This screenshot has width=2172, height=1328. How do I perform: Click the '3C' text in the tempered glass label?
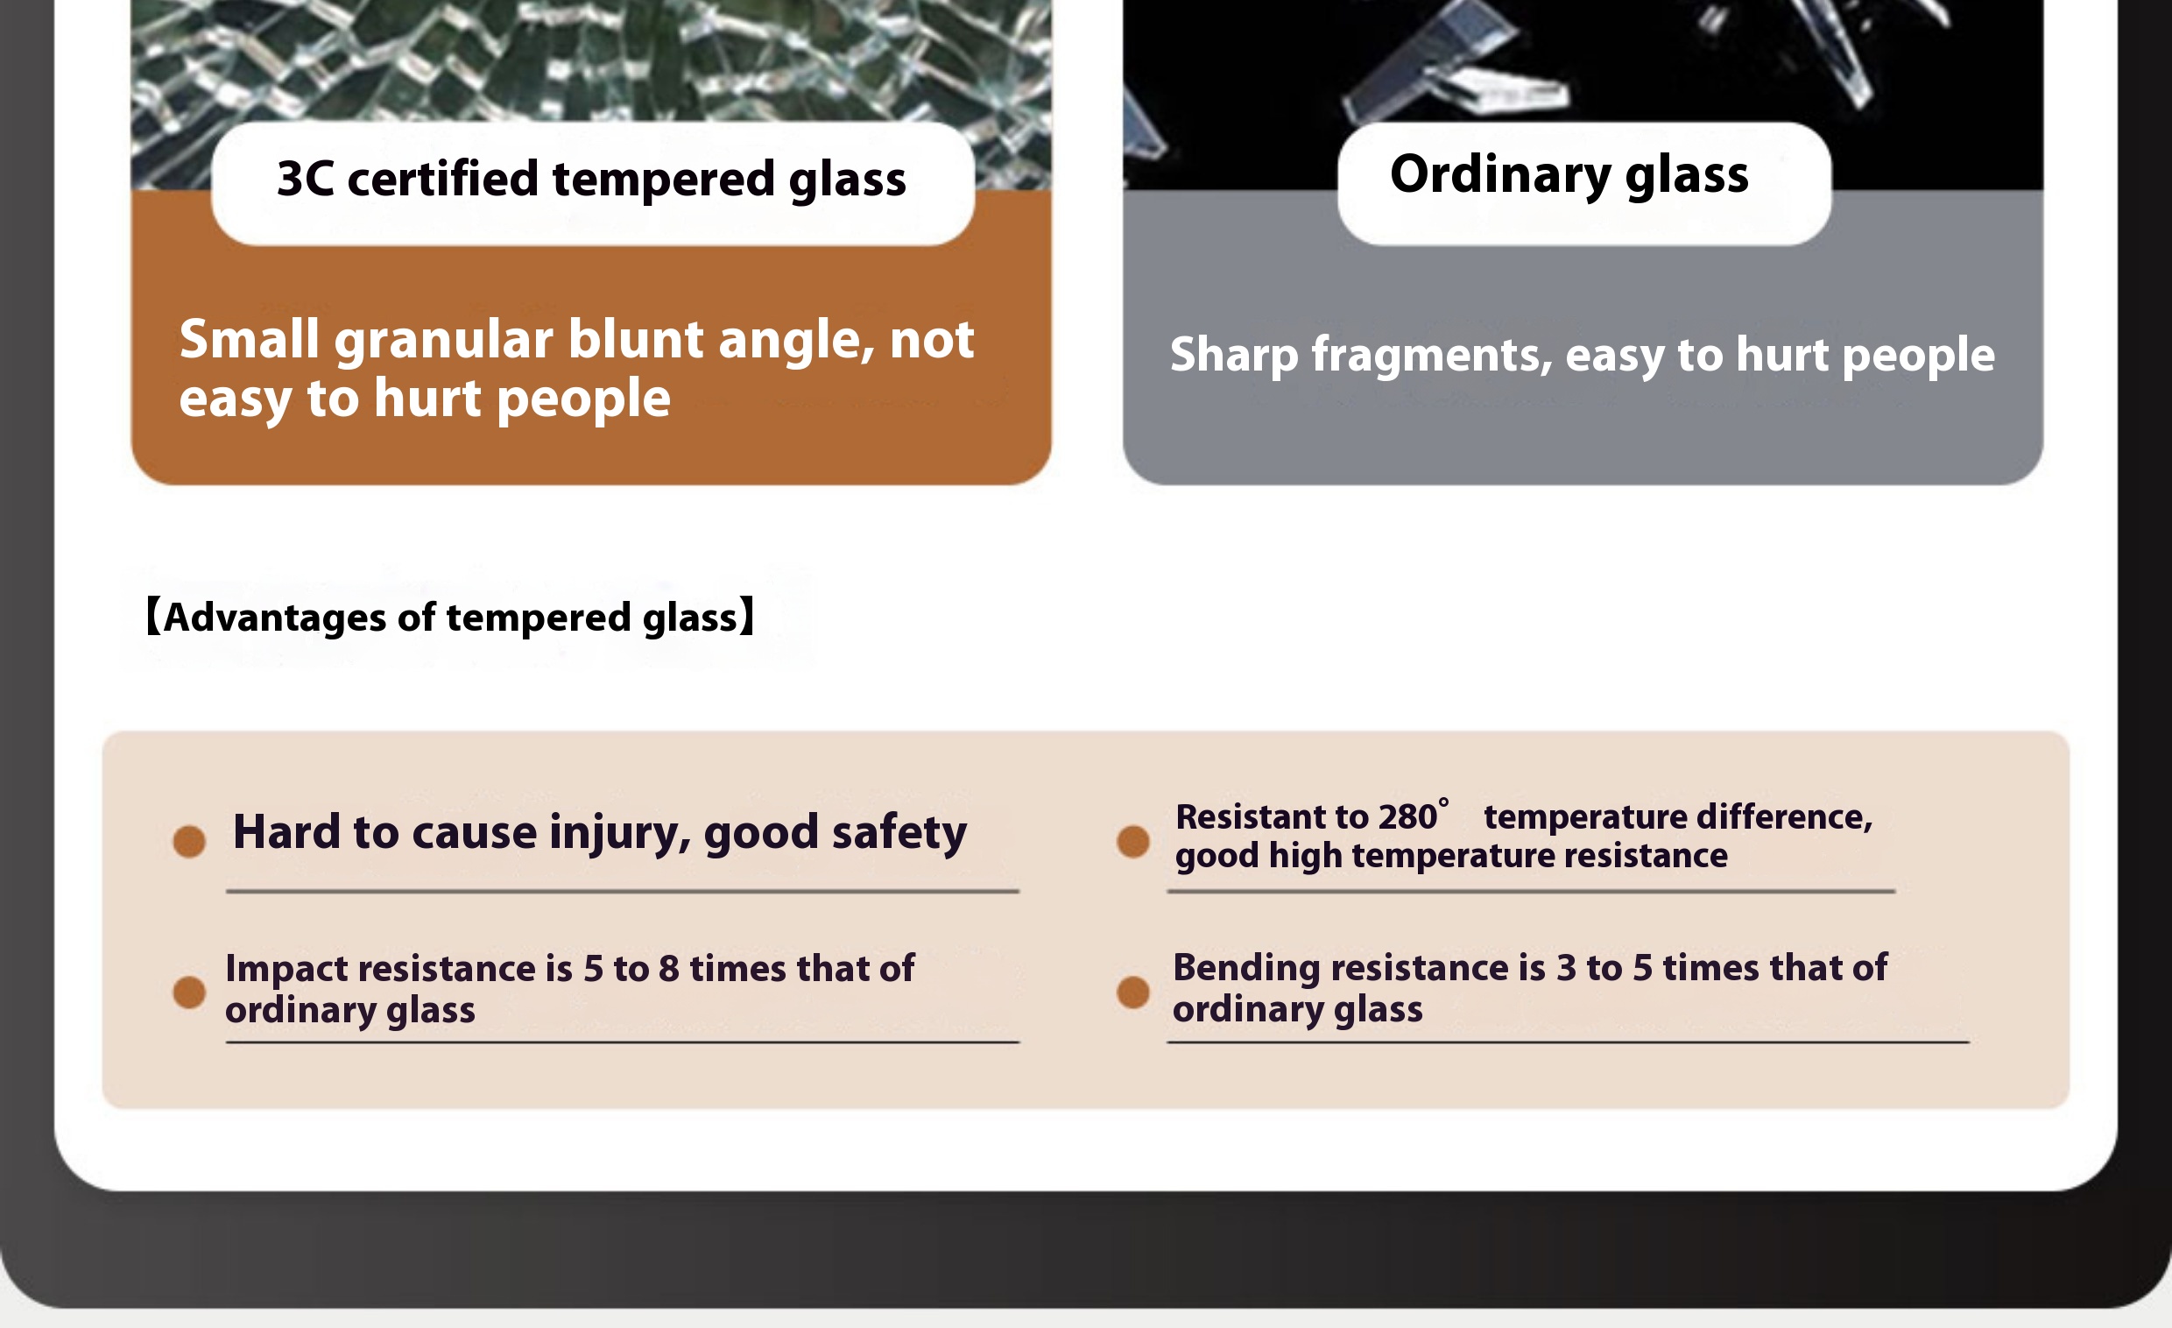point(305,178)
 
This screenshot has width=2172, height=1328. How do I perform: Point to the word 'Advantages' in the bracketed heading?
point(275,618)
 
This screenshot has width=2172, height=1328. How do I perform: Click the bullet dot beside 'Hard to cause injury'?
point(189,841)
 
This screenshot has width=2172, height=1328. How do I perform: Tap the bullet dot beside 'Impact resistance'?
point(189,992)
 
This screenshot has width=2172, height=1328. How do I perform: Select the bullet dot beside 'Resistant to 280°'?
point(1132,841)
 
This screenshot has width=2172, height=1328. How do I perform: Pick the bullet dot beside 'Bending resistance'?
point(1132,992)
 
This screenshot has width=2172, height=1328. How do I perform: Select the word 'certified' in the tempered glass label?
point(442,178)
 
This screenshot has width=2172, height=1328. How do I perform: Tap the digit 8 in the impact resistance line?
point(669,969)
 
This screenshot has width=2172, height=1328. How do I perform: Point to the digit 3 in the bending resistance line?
point(1567,968)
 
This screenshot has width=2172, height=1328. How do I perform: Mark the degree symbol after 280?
point(1444,802)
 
